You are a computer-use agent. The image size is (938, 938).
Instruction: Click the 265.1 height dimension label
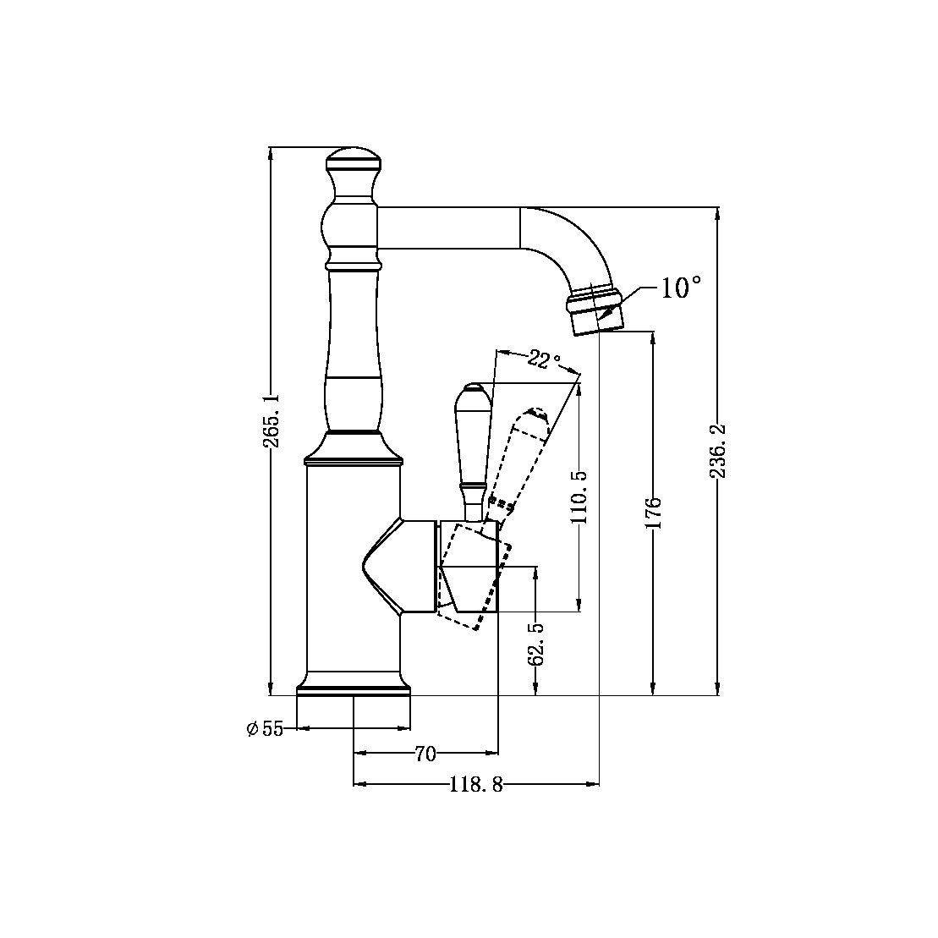[x=270, y=420]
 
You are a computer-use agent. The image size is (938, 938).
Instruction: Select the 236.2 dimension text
[x=718, y=451]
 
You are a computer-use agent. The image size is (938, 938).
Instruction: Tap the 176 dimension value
[x=653, y=513]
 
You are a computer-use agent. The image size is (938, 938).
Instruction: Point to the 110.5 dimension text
[x=579, y=497]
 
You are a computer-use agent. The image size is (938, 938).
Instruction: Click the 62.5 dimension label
[x=535, y=644]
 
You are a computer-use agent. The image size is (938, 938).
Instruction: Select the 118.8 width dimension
[x=475, y=785]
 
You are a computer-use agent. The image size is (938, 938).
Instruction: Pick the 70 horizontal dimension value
[x=425, y=753]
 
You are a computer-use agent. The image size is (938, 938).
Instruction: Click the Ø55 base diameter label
[x=265, y=728]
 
